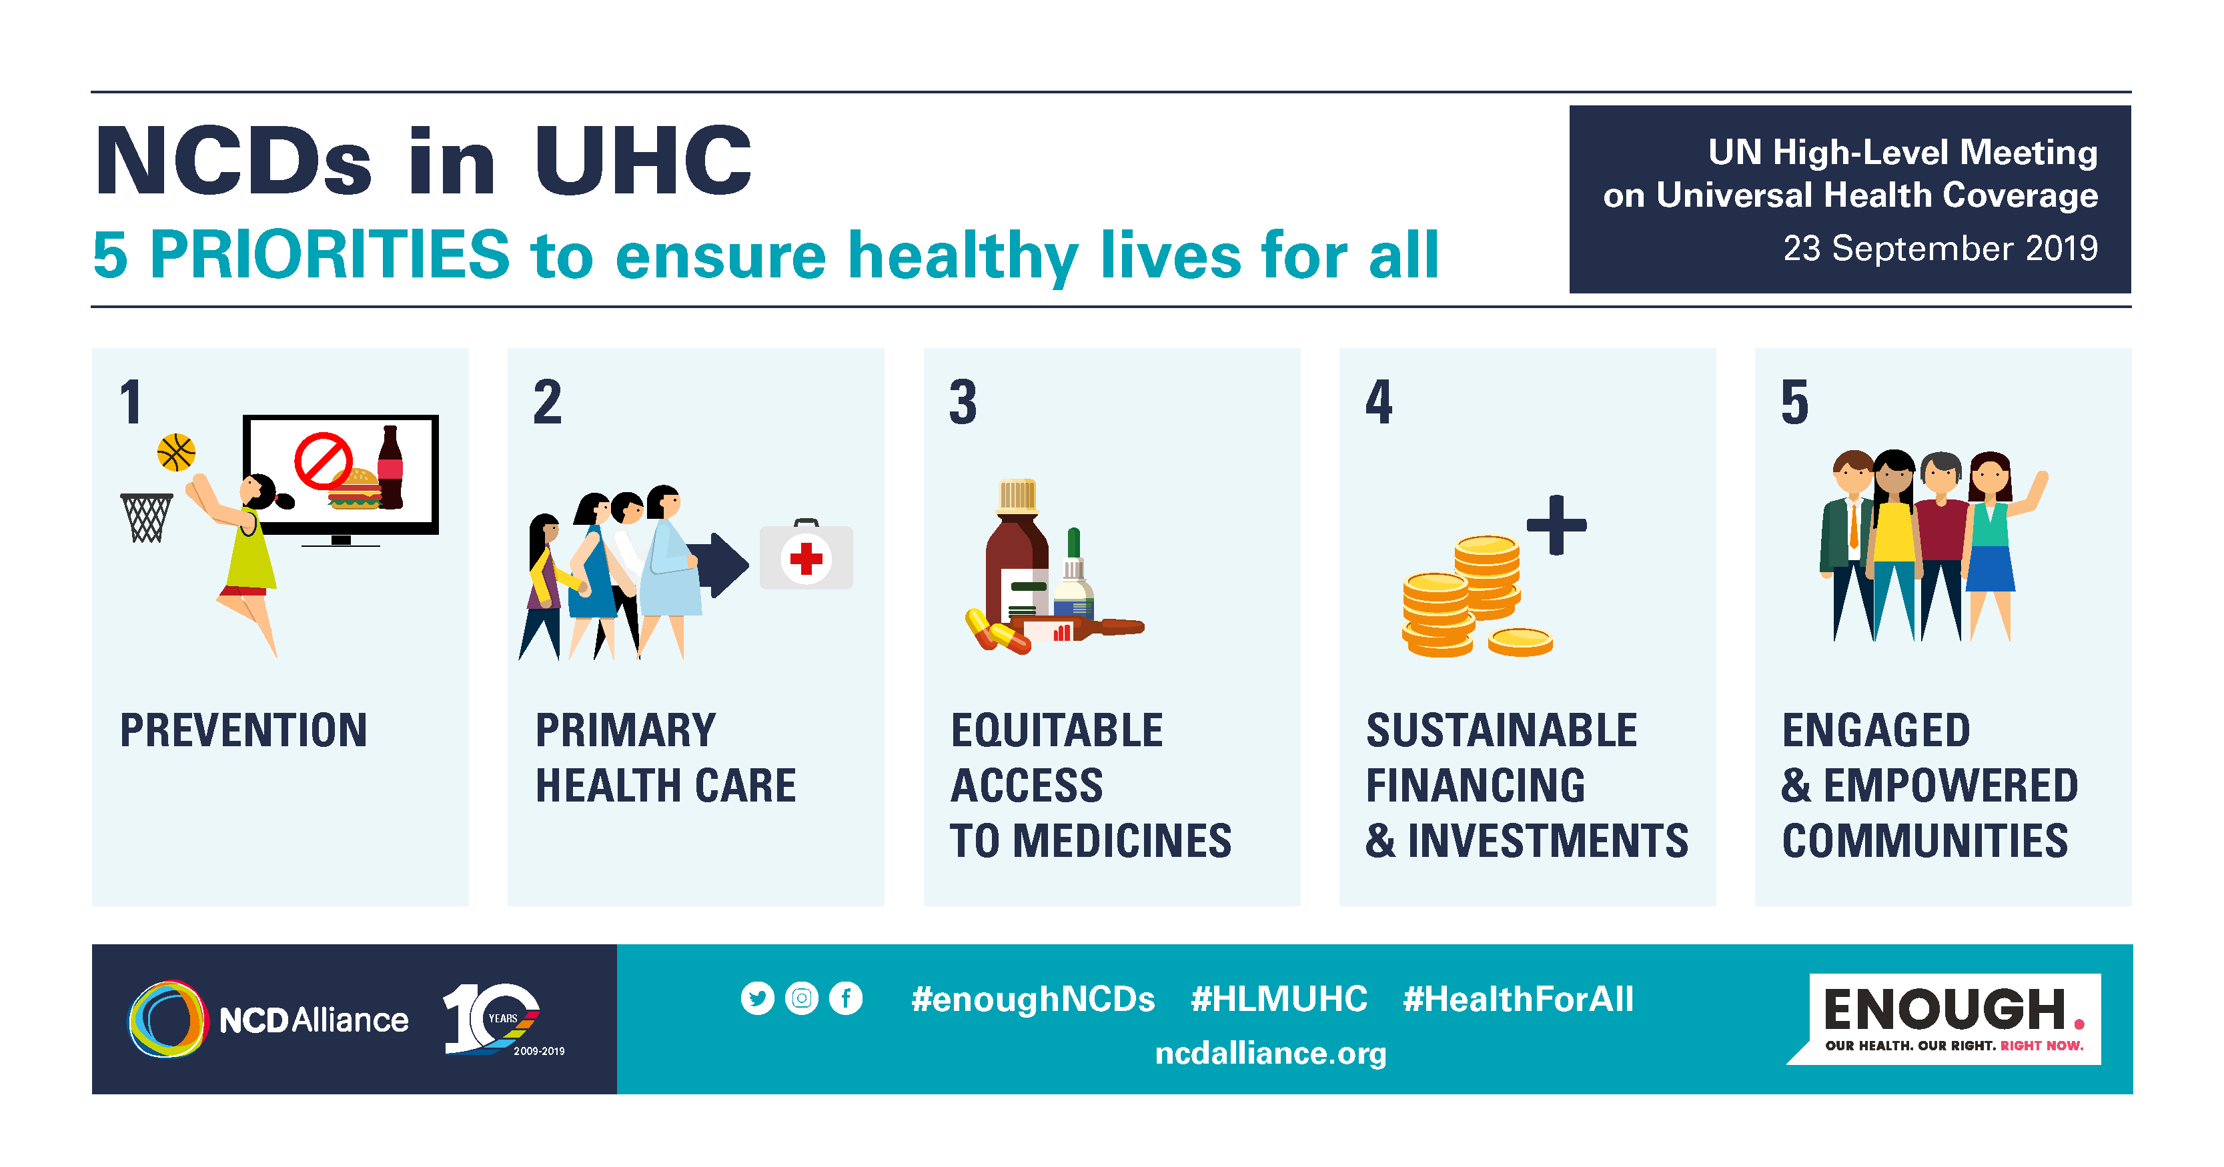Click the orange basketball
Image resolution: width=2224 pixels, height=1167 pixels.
click(176, 452)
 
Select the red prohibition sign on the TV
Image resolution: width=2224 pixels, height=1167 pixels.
click(324, 460)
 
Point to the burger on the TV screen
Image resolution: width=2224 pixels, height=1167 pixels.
click(355, 489)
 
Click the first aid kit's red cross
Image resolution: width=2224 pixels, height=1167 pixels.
click(806, 558)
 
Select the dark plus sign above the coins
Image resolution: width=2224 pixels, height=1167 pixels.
click(1557, 525)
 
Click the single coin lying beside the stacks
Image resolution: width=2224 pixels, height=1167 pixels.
click(1520, 642)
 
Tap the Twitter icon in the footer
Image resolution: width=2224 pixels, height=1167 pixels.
click(757, 999)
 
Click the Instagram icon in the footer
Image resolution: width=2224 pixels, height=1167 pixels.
click(801, 999)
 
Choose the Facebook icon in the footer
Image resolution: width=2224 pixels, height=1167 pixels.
click(846, 999)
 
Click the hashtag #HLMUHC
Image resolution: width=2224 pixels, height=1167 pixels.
click(1279, 999)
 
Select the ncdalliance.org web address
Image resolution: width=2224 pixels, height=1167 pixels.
click(1271, 1053)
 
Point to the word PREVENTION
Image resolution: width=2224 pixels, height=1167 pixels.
click(243, 730)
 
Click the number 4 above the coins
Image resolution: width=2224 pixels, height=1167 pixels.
click(1379, 402)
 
